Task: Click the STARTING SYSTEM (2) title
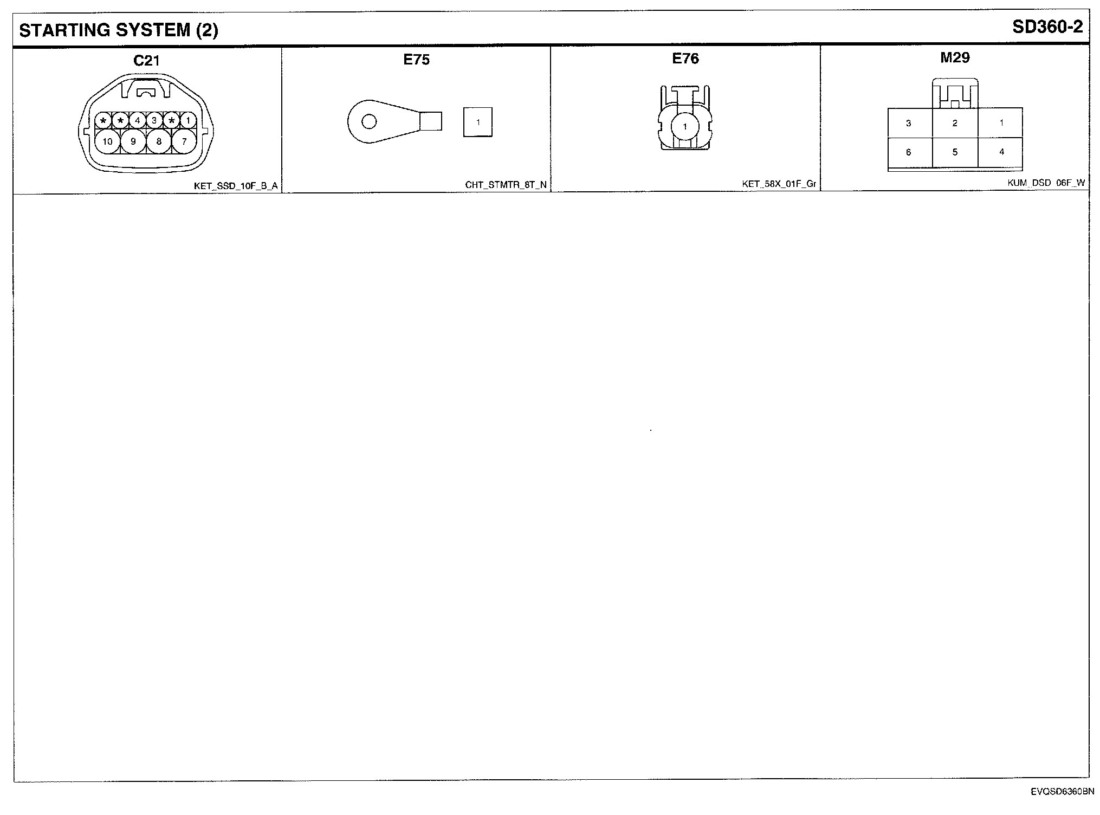[119, 30]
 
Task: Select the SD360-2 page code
[1047, 28]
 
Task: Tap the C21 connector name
[146, 61]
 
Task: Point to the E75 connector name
[416, 60]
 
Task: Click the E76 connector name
[685, 59]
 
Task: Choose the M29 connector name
[955, 57]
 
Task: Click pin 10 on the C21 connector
[108, 142]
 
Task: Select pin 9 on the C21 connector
[133, 142]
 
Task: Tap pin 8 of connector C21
[159, 142]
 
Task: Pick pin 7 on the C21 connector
[184, 142]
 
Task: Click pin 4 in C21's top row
[138, 120]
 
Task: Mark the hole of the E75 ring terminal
[369, 121]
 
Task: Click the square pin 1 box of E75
[478, 122]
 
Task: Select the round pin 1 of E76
[685, 127]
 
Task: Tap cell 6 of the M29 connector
[909, 152]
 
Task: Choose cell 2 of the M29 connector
[955, 123]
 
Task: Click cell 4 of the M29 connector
[1001, 152]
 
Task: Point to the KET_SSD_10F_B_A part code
[236, 186]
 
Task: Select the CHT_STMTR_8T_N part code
[506, 185]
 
